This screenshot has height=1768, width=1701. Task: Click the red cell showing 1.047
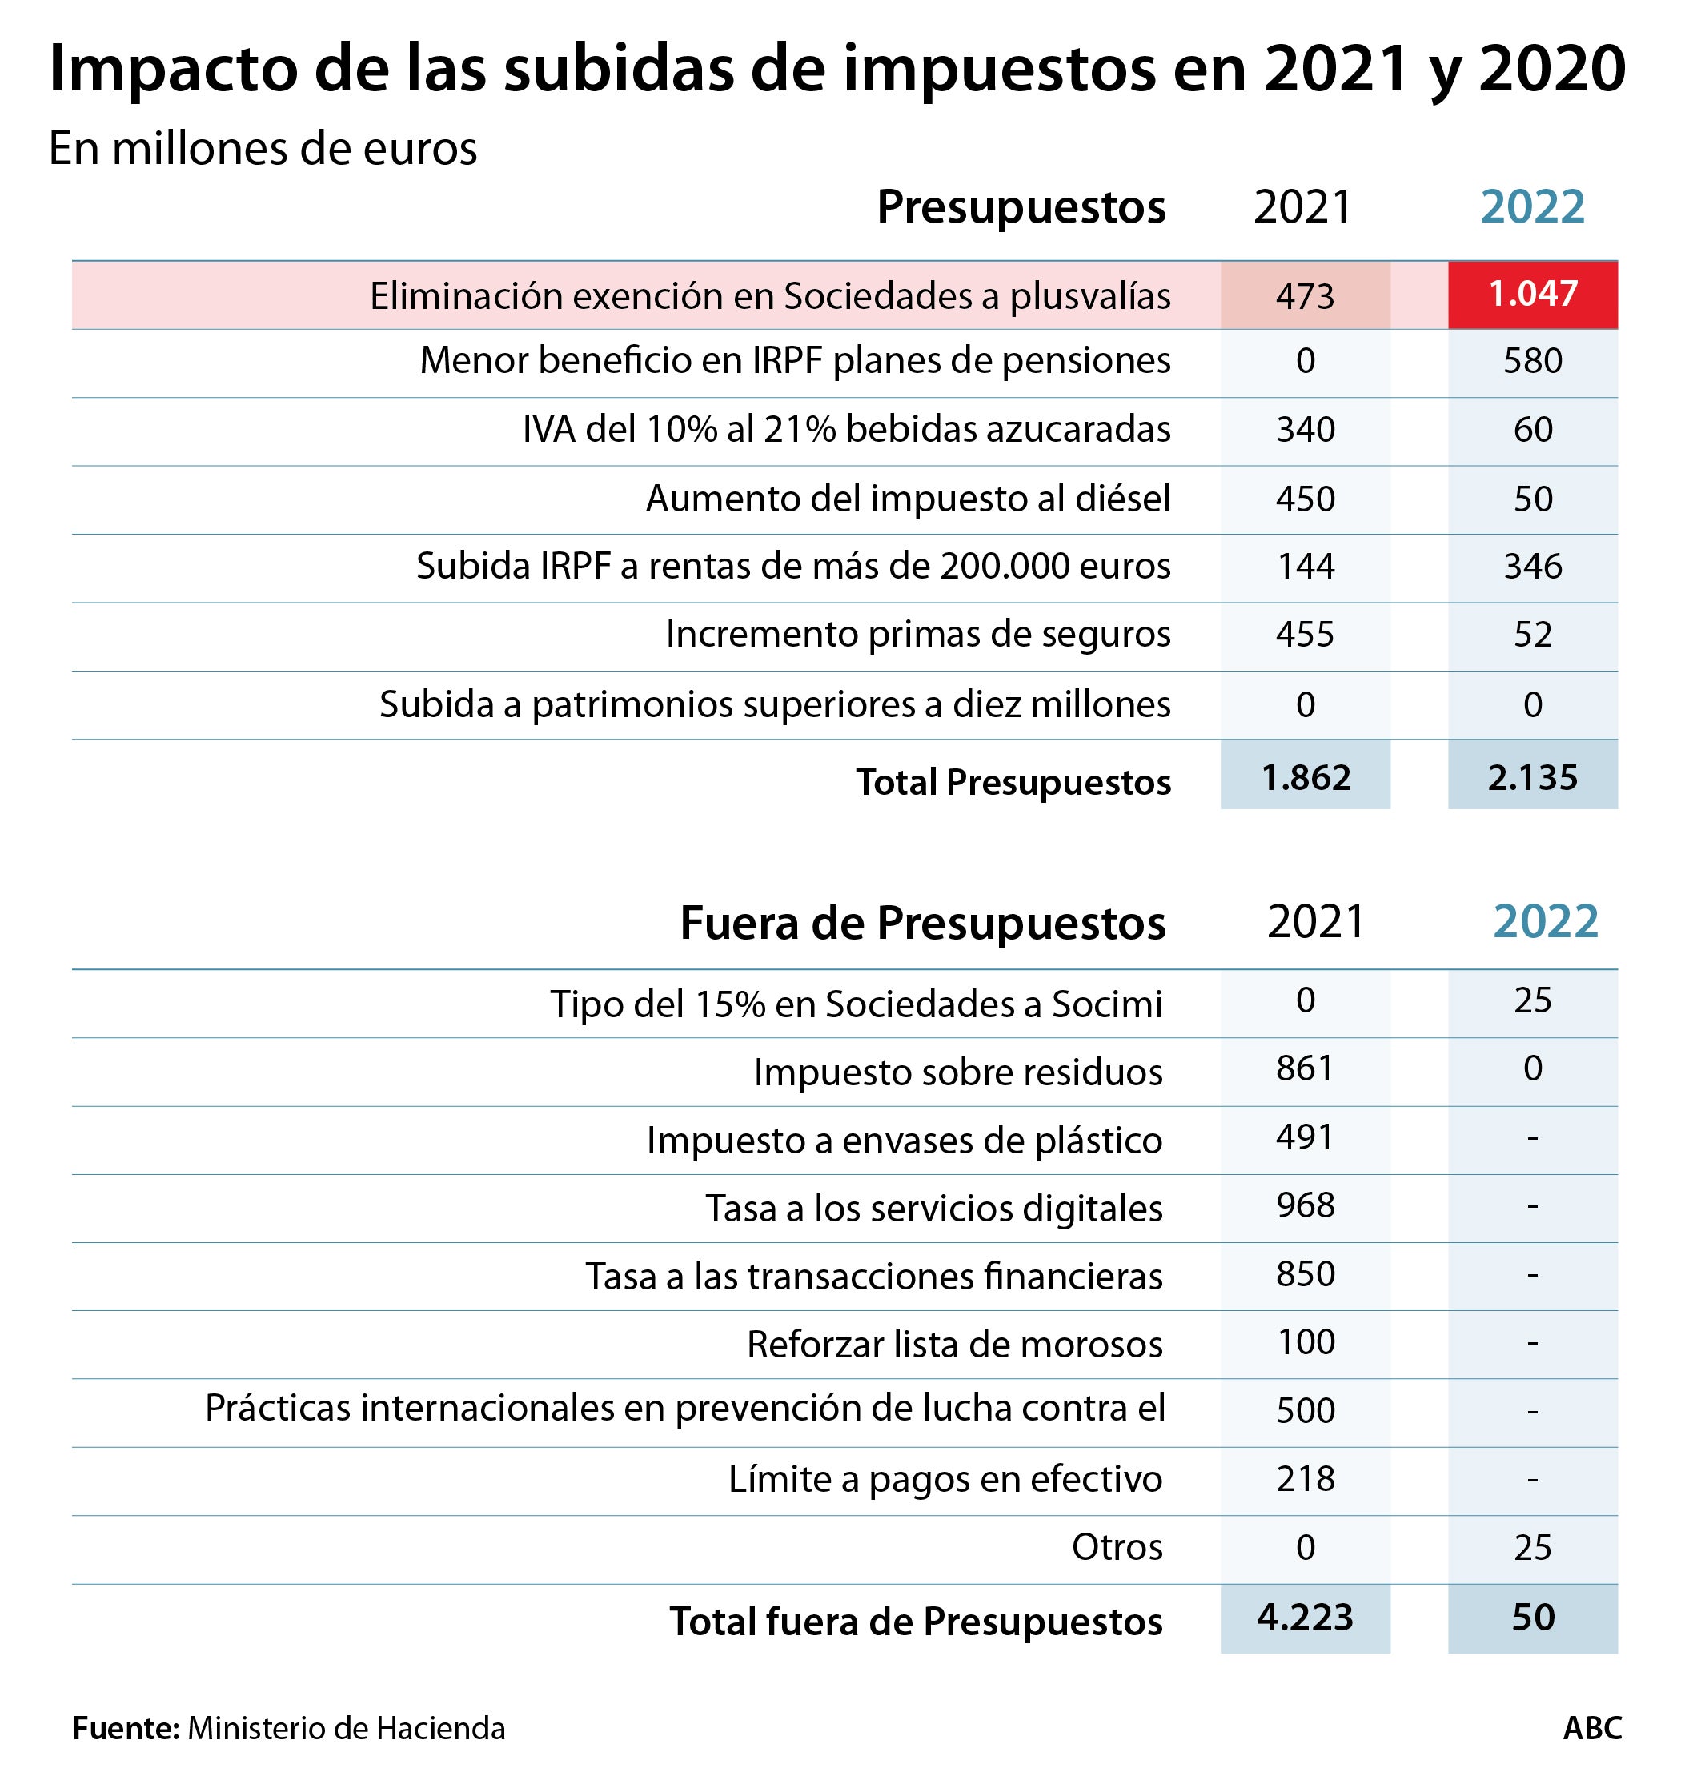1531,294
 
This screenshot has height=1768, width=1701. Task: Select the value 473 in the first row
1304,296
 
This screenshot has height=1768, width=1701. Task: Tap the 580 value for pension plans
1531,361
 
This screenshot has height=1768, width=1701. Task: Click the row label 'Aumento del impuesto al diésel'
907,499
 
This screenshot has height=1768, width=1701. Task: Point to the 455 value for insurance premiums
1304,635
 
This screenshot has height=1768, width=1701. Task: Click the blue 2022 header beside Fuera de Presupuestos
1545,922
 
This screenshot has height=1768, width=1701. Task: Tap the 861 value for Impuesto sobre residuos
1304,1069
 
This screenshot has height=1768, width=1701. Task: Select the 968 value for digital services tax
1304,1206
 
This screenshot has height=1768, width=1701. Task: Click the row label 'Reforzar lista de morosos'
954,1345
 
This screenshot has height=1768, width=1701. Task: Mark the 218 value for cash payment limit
1304,1479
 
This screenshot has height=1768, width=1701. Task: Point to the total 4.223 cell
1304,1618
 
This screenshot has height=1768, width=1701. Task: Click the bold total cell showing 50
1531,1618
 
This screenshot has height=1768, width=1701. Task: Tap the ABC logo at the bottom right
1592,1728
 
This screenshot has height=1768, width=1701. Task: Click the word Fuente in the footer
126,1728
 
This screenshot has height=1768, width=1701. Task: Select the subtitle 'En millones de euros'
263,149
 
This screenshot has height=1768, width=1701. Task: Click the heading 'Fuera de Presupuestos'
922,923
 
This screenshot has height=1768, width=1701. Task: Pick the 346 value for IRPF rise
1531,567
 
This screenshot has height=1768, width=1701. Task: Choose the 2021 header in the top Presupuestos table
1302,207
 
